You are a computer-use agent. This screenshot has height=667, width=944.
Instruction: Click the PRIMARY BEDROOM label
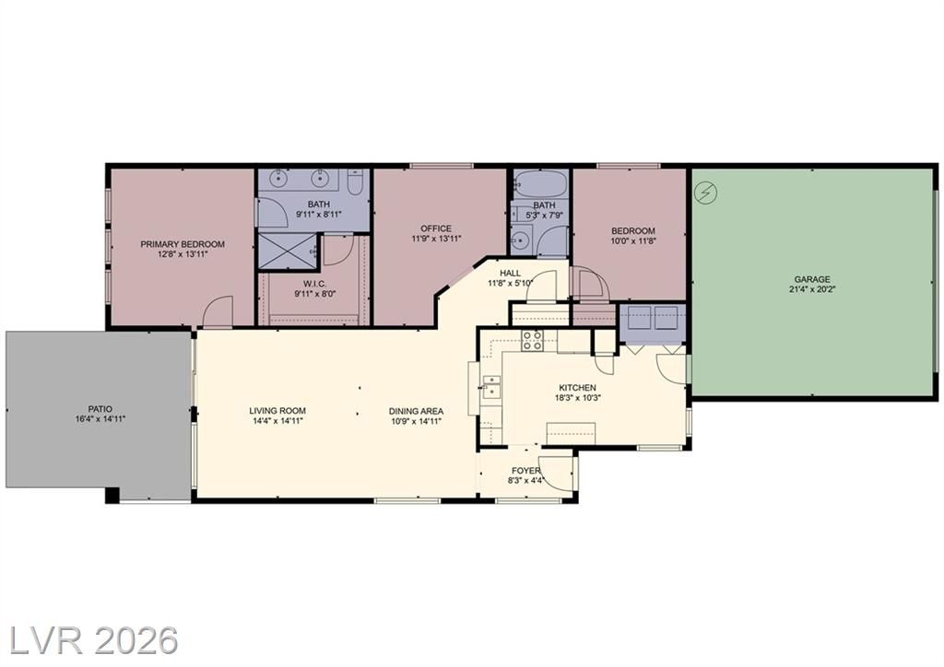183,244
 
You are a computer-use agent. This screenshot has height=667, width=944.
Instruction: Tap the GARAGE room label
812,279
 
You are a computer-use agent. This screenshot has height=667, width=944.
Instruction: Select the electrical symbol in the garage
705,193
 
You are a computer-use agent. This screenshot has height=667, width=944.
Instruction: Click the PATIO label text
100,409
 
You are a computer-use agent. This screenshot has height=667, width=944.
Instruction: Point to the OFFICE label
436,228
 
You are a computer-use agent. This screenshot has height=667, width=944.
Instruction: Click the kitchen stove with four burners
532,341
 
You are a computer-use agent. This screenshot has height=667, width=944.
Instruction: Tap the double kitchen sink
491,386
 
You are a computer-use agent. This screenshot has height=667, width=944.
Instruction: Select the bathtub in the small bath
540,182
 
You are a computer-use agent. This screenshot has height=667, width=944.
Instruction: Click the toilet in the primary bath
355,181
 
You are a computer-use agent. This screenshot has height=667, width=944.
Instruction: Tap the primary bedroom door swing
218,312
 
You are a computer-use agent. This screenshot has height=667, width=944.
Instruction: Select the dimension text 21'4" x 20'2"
812,289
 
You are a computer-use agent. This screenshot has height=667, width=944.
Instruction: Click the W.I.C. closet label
314,283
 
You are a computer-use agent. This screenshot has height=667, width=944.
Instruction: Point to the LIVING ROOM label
277,411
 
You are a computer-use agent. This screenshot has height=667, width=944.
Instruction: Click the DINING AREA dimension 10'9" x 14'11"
417,421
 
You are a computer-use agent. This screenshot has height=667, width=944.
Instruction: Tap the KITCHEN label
577,388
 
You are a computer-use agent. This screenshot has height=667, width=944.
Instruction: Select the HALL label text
510,274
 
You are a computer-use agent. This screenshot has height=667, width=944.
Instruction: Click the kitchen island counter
571,433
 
